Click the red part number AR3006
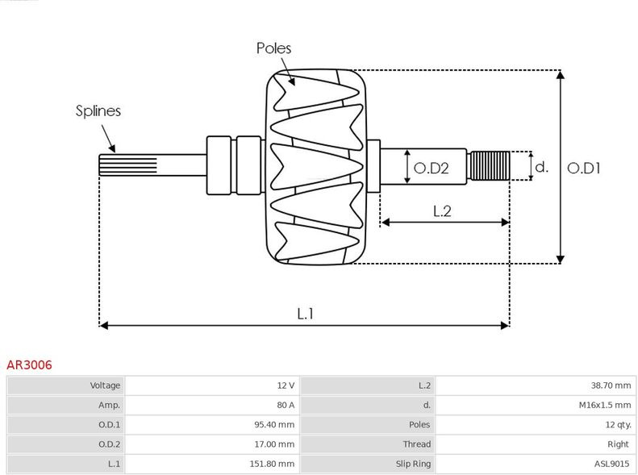30,365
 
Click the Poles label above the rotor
273,48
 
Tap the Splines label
98,111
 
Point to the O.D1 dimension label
585,168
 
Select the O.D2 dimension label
430,168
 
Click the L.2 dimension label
441,211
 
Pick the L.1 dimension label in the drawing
305,314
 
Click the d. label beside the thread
541,168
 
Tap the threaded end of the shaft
490,167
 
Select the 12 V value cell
286,385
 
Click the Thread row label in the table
417,444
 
